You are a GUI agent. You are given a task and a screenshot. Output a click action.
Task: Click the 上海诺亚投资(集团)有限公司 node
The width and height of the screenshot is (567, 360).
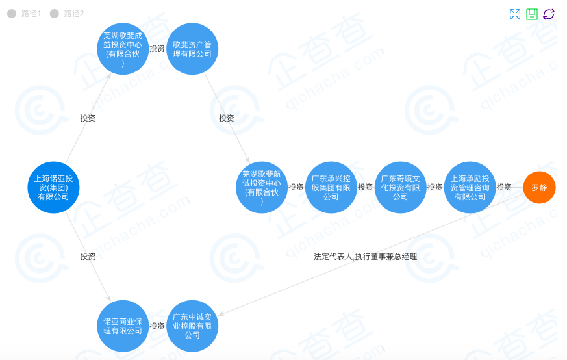coord(53,187)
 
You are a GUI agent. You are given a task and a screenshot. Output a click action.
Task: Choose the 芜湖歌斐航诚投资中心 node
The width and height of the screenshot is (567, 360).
coord(261,187)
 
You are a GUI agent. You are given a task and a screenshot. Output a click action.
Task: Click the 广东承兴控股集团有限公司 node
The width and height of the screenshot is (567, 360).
coord(331,187)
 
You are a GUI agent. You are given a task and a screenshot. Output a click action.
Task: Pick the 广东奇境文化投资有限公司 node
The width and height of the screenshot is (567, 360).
coord(400,187)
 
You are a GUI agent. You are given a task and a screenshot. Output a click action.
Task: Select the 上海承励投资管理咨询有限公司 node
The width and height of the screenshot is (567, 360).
coord(470,187)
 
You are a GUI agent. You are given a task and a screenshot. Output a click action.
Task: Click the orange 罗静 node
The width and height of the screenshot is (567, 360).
coord(539,187)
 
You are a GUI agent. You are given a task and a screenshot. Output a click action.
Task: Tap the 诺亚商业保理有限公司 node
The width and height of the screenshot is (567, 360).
coord(123,326)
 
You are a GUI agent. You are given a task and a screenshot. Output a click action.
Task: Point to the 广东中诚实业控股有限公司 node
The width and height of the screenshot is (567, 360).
coord(192,326)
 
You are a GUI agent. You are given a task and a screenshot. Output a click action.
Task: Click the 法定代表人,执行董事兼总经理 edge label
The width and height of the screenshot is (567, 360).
coord(365,257)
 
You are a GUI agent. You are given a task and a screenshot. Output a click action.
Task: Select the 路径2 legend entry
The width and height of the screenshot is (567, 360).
coord(68,14)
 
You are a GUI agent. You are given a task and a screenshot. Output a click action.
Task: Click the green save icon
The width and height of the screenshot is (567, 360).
coord(532,14)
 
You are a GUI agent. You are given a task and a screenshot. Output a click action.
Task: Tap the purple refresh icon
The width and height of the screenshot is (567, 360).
coord(549,14)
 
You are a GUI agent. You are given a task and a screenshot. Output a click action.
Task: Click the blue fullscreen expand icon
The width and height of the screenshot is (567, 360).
coord(515,14)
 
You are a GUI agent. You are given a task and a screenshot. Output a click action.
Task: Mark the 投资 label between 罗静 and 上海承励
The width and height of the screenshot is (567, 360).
coord(504,187)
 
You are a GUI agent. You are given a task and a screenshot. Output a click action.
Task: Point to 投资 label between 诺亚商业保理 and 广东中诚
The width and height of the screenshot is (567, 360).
coord(157,326)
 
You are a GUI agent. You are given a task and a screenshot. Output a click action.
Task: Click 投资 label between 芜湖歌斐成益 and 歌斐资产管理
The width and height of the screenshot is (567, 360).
coord(157,49)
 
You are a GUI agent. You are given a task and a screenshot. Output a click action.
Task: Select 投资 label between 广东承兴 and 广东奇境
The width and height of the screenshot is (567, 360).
coord(365,187)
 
